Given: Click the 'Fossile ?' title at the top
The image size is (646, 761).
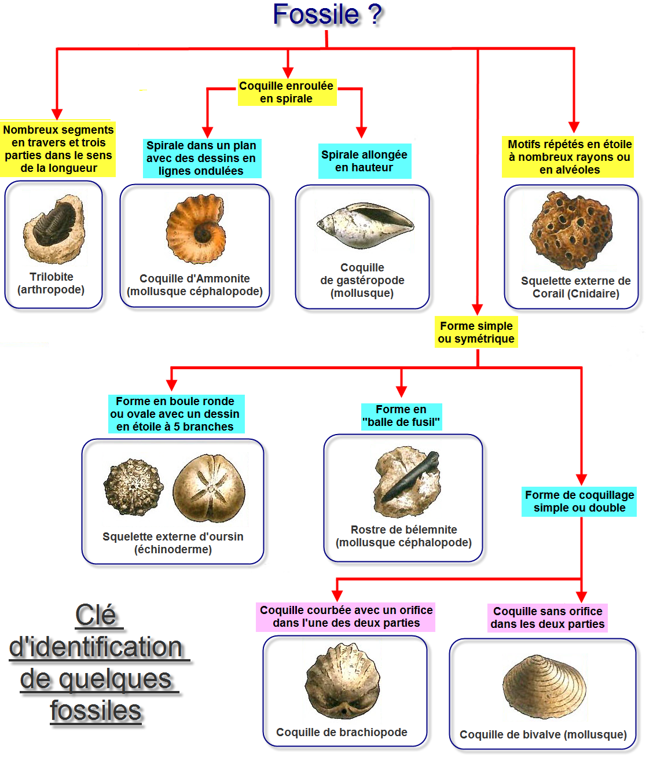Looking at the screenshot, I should (x=327, y=14).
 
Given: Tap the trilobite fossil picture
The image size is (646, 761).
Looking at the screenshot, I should (x=53, y=227).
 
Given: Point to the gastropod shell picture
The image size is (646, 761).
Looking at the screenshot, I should (x=365, y=225).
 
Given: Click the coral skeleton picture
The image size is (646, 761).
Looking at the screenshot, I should (x=571, y=230).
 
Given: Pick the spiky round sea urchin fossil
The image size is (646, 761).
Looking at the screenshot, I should (x=133, y=487).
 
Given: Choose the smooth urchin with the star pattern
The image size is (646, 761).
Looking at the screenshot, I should (x=209, y=488).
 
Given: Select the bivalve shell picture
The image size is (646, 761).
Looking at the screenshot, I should (x=544, y=687).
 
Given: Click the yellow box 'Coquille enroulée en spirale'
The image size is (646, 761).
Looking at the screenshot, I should (x=287, y=93).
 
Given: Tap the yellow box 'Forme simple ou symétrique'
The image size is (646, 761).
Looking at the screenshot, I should (x=476, y=332).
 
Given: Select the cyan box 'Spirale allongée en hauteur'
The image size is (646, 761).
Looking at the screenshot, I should (x=365, y=161).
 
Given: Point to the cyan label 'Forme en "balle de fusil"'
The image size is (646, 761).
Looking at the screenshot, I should (x=401, y=416).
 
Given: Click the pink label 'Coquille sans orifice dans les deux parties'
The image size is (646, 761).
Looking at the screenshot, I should (x=548, y=617).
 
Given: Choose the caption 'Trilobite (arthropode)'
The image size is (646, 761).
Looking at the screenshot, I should (x=51, y=283).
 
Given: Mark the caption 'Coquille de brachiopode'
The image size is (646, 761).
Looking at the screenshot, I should (x=342, y=732).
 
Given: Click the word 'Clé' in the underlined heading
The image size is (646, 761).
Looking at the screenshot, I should (x=96, y=615).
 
